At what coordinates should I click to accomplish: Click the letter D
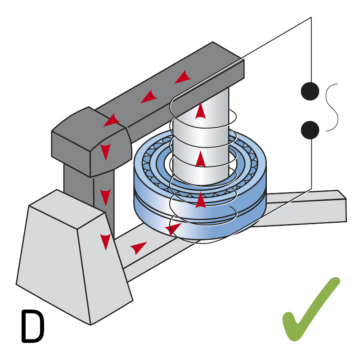pos(32,325)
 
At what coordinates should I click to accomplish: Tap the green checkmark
pos(310,310)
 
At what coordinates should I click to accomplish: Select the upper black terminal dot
pos(310,91)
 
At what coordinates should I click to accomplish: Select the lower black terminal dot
pos(310,130)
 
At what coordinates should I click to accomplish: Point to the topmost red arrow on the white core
pos(200,111)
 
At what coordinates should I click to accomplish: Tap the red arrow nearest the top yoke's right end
pos(183,77)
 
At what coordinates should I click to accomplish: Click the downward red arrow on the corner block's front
pos(106,152)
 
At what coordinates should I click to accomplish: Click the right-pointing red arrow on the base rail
pos(138,247)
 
